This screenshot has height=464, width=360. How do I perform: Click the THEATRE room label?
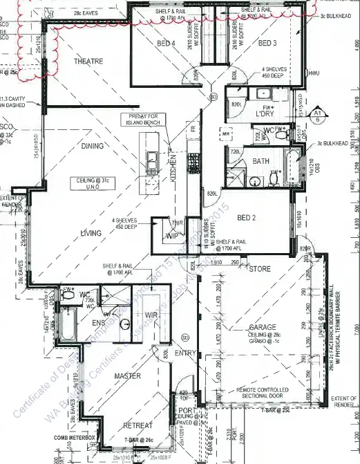point(88,62)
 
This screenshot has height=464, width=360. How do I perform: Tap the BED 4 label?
point(166,44)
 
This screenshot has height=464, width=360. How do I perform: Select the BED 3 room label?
point(267,44)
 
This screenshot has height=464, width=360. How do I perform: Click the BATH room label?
point(260,161)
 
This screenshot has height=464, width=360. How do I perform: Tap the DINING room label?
point(91,146)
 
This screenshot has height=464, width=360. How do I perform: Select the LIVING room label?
point(91,233)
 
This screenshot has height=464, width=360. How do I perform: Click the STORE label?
point(260,268)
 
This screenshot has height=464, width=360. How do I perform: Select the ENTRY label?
point(187,353)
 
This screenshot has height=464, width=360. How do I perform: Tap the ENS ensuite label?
point(99,323)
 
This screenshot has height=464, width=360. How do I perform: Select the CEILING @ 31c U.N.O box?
point(88,183)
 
